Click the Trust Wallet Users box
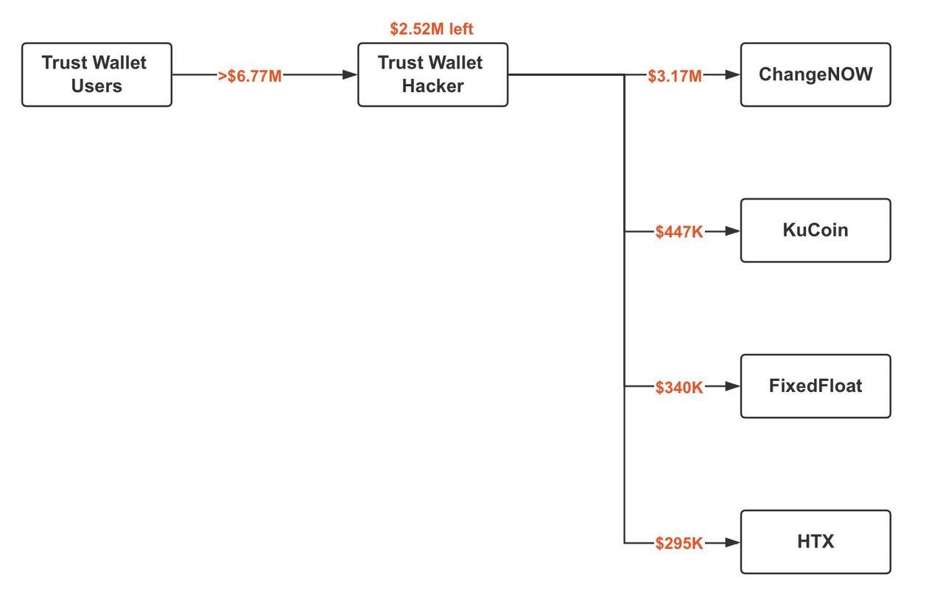[x=97, y=74]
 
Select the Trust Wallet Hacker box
[x=432, y=74]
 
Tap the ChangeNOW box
[x=816, y=74]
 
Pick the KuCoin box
[x=816, y=230]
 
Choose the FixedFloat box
[x=816, y=386]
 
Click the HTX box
[x=816, y=542]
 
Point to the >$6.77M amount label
[x=250, y=76]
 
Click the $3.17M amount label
[x=675, y=76]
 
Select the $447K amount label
[x=679, y=232]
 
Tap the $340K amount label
[x=679, y=388]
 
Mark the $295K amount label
[x=679, y=544]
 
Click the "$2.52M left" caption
[x=432, y=29]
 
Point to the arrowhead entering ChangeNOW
[x=732, y=74]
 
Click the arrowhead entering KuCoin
[x=732, y=231]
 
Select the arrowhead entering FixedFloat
[x=732, y=386]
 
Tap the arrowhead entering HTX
[x=732, y=542]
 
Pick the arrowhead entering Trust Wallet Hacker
[x=350, y=74]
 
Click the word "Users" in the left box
[x=97, y=86]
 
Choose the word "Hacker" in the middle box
[x=432, y=86]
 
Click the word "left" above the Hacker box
[x=458, y=29]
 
